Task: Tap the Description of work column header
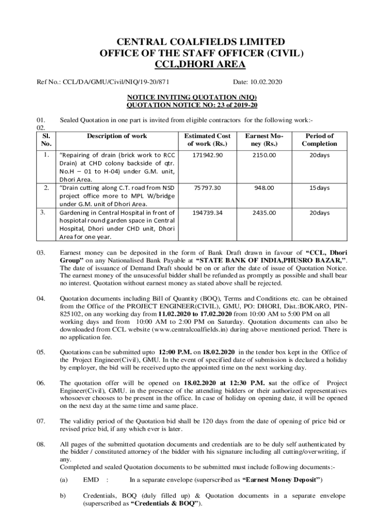coord(117,136)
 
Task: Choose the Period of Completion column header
coord(319,140)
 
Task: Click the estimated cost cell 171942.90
coord(207,155)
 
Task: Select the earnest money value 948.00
coord(264,188)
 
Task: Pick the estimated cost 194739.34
coord(207,213)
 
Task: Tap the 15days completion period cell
coord(319,188)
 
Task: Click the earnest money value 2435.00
coord(264,213)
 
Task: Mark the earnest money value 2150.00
coord(264,155)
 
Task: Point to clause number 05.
coord(40,353)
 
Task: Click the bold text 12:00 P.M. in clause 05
coord(175,353)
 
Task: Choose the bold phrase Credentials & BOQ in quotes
coord(166,504)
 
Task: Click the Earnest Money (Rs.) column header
coord(264,140)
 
